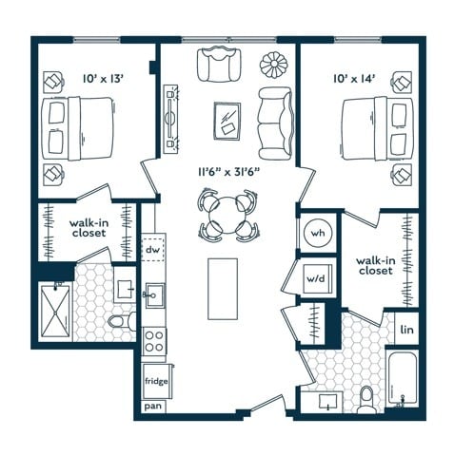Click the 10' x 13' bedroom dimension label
(x=103, y=79)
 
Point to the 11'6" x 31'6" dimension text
(x=229, y=172)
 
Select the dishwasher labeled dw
(x=153, y=250)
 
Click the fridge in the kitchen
(x=157, y=381)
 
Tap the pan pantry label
(x=153, y=406)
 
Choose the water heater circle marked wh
(x=318, y=233)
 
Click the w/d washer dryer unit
(x=317, y=278)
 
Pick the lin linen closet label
(x=406, y=330)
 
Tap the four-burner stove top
(x=154, y=341)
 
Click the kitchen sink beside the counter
(x=155, y=295)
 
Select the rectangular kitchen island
(x=223, y=289)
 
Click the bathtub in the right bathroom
(x=402, y=379)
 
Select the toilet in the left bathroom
(x=122, y=321)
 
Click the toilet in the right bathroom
(x=367, y=400)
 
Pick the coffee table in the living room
(x=227, y=121)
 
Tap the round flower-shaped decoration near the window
(x=273, y=65)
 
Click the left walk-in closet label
(x=89, y=228)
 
